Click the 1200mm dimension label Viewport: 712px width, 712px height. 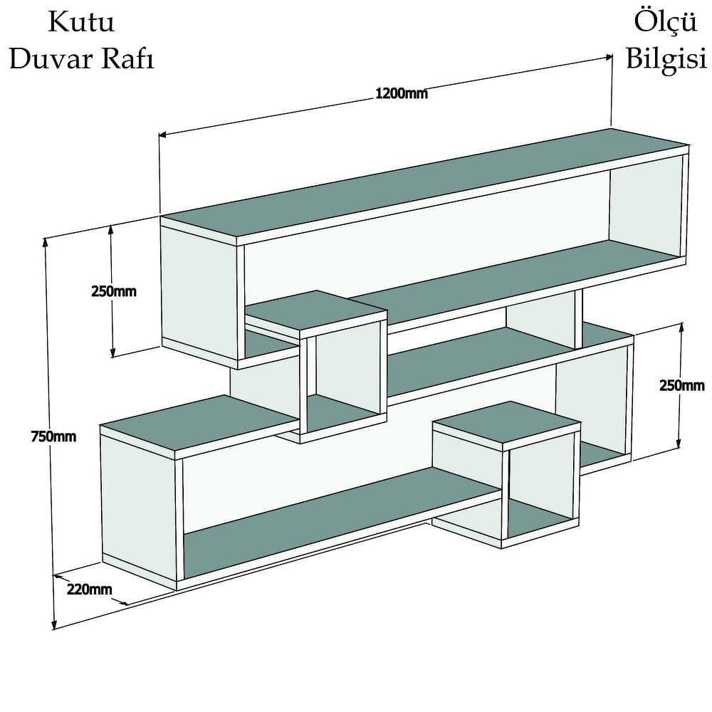tap(402, 93)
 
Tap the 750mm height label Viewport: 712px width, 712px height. tap(53, 437)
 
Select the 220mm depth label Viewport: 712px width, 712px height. tap(90, 590)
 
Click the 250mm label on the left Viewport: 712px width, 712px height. tap(113, 291)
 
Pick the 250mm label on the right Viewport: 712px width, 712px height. tap(682, 385)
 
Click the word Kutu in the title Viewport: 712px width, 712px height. tap(81, 22)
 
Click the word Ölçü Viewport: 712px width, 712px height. tap(665, 22)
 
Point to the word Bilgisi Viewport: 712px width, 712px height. tap(666, 59)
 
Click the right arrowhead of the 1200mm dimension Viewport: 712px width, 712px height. tap(609, 57)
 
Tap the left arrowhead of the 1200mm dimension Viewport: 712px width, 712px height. tap(162, 135)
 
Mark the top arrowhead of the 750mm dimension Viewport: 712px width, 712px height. tap(45, 242)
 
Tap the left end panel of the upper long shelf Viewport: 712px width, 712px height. tap(199, 292)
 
